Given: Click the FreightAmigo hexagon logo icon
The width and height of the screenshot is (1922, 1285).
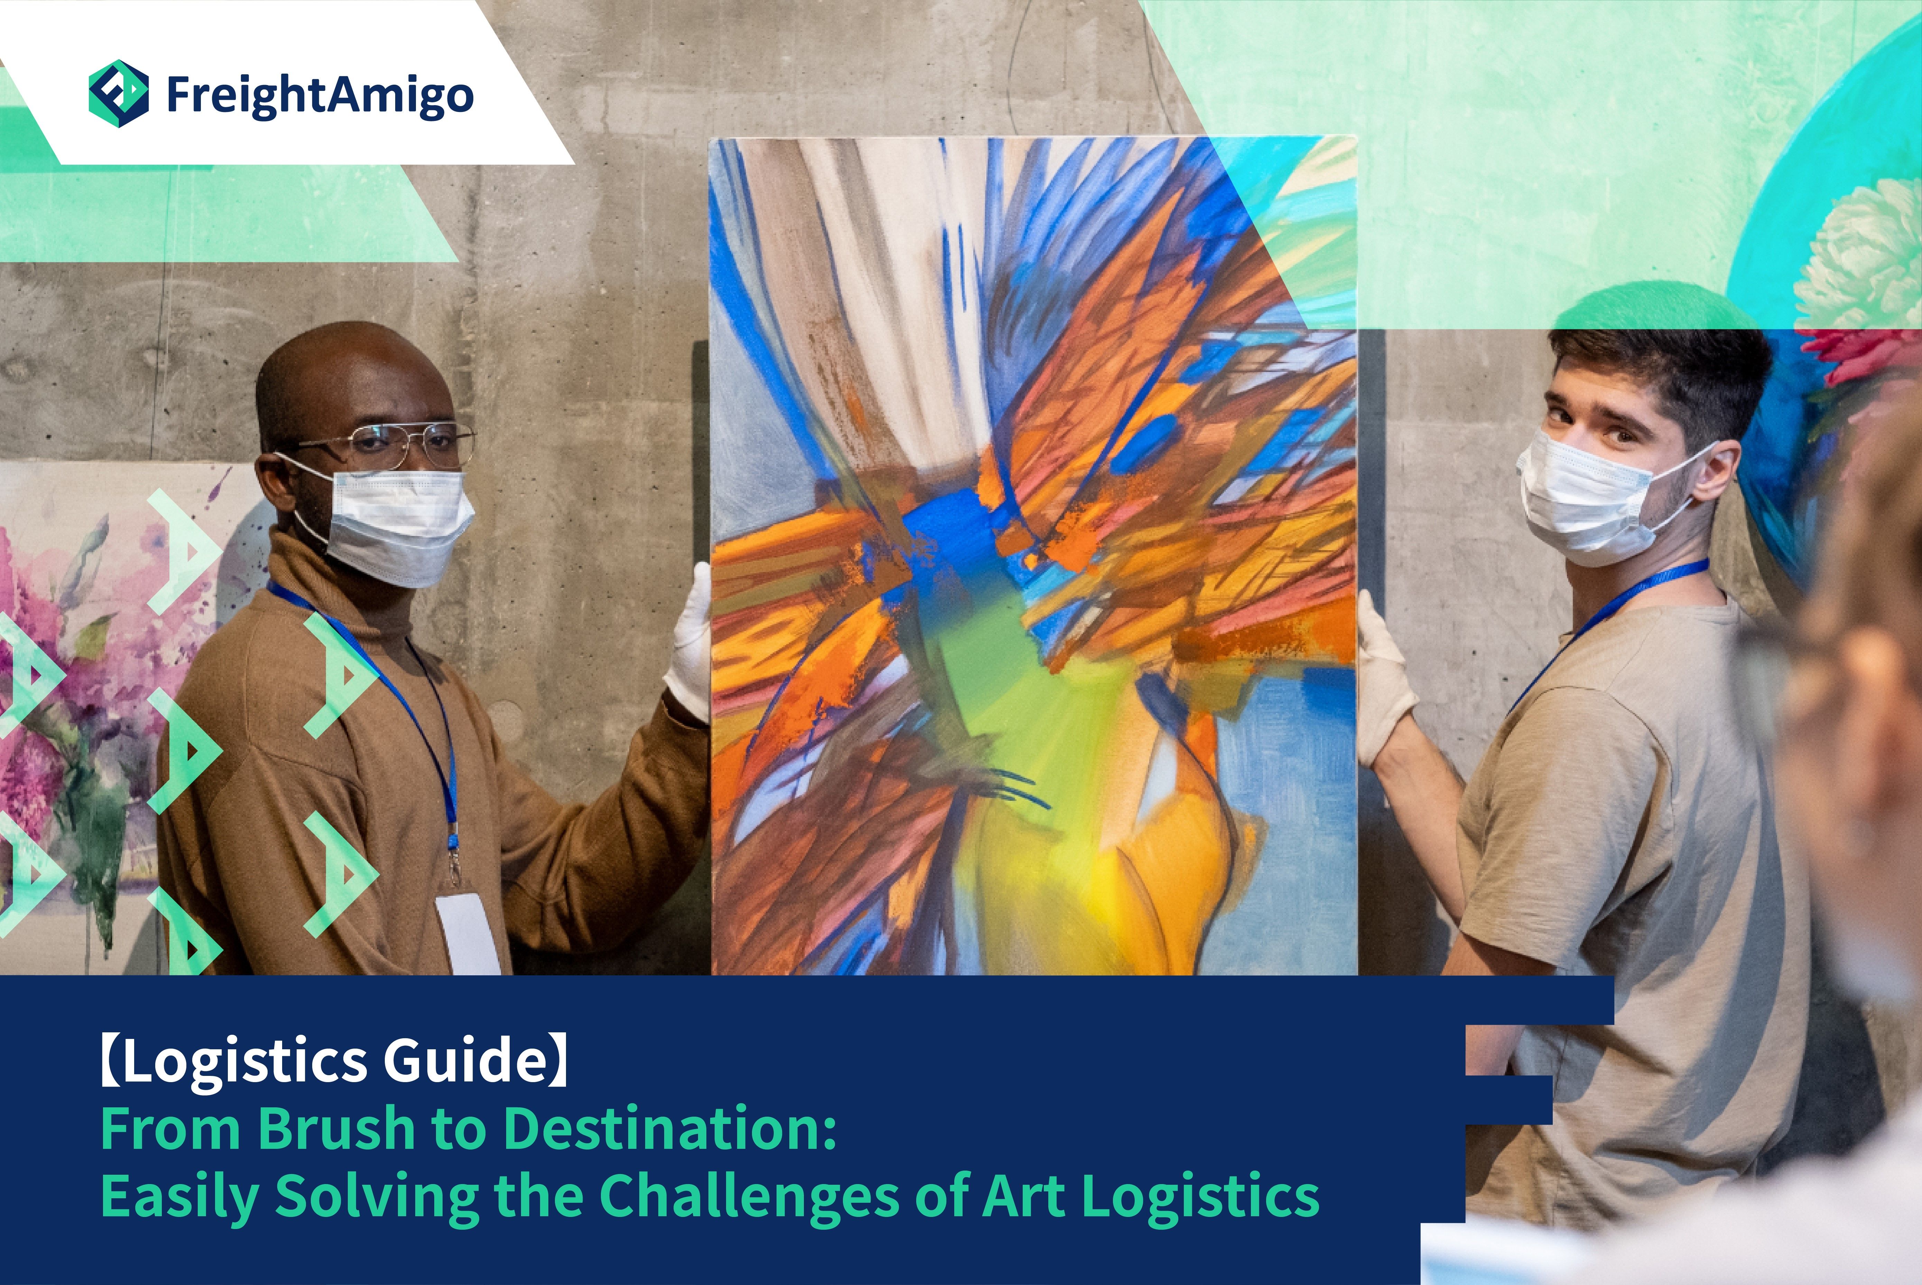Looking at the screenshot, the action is click(x=119, y=93).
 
